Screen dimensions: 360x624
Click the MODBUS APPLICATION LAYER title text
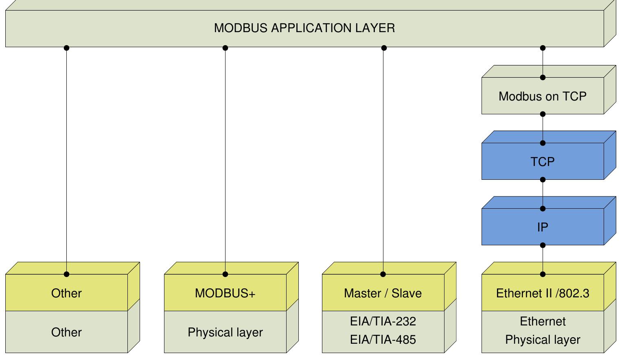coord(304,28)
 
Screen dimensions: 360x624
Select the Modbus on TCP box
coord(542,96)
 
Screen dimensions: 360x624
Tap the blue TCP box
coord(542,162)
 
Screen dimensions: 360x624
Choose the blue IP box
coord(542,227)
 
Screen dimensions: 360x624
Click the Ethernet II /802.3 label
coord(542,293)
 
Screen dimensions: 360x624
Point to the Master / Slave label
coord(383,293)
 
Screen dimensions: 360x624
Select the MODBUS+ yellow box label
coord(225,293)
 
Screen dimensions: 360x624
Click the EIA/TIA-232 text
coord(383,321)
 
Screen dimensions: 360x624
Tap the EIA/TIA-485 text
coord(383,340)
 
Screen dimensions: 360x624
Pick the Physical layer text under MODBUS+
coord(225,332)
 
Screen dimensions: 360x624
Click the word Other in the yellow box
coord(66,293)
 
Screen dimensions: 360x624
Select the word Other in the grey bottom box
coord(66,332)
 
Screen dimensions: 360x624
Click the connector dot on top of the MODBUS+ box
coord(225,274)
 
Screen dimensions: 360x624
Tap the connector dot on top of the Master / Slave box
coord(383,274)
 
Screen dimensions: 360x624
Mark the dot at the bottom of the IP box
coord(543,245)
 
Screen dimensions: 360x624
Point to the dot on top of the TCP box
coord(543,143)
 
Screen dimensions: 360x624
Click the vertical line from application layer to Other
coord(66,163)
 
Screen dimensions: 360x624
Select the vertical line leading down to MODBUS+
coord(225,163)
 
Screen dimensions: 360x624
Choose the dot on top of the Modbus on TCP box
coord(543,78)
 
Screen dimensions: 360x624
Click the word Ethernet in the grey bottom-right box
coord(543,321)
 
